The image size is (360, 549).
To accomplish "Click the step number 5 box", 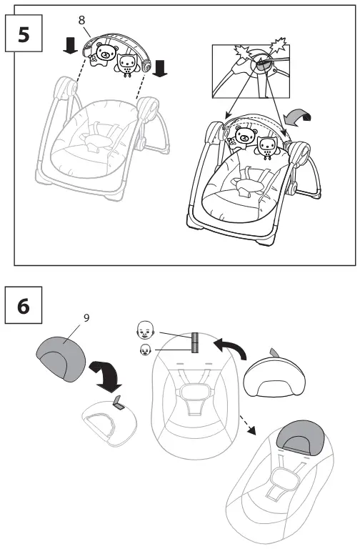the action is pyautogui.click(x=24, y=34).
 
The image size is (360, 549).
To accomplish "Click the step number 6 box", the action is pyautogui.click(x=24, y=305).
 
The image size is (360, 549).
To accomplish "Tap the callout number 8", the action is pyautogui.click(x=81, y=20).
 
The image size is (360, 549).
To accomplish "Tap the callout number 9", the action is pyautogui.click(x=86, y=317).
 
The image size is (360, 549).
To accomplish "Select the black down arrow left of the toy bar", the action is pyautogui.click(x=71, y=46).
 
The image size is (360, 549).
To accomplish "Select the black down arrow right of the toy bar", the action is pyautogui.click(x=160, y=68).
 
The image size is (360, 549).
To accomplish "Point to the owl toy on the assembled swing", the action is pyautogui.click(x=266, y=147).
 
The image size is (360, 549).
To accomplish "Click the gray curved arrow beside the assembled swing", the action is pyautogui.click(x=298, y=119).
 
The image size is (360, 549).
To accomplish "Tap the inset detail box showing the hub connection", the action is pyautogui.click(x=251, y=71).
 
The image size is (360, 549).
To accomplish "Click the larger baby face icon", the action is pyautogui.click(x=145, y=330).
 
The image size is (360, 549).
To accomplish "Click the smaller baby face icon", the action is pyautogui.click(x=145, y=350).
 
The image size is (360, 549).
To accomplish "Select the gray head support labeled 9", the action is pyautogui.click(x=61, y=358).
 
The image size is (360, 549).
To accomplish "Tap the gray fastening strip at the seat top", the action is pyautogui.click(x=195, y=342).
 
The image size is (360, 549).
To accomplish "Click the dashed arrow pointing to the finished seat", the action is pyautogui.click(x=248, y=425).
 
